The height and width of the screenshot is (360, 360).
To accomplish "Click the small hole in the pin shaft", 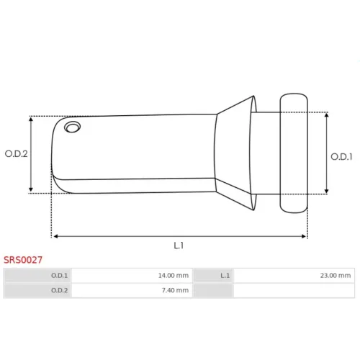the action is (x=72, y=127).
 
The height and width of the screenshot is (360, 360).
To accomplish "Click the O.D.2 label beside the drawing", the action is (x=17, y=153).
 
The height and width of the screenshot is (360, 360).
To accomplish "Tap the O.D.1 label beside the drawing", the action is (x=341, y=157).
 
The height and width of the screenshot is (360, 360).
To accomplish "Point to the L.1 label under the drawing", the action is (x=179, y=246).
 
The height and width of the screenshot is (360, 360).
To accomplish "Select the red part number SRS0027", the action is (x=23, y=260).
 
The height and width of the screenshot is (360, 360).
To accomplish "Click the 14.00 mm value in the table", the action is (x=174, y=276).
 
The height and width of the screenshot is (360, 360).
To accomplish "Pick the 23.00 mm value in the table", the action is (x=336, y=276).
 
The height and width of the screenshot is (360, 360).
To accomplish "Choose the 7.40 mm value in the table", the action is (x=175, y=290).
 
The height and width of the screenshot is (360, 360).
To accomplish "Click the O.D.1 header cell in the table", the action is (x=37, y=276).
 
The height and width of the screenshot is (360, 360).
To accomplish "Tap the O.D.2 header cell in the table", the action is (x=37, y=290).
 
